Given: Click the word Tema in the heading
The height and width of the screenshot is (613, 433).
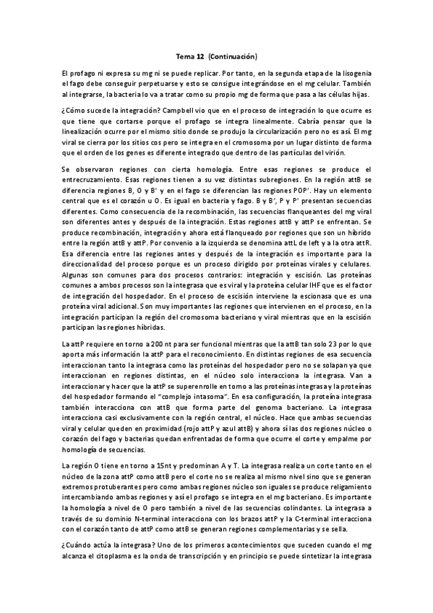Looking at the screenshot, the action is [x=185, y=55].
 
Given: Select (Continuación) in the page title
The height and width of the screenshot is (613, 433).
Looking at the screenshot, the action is [x=233, y=55].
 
